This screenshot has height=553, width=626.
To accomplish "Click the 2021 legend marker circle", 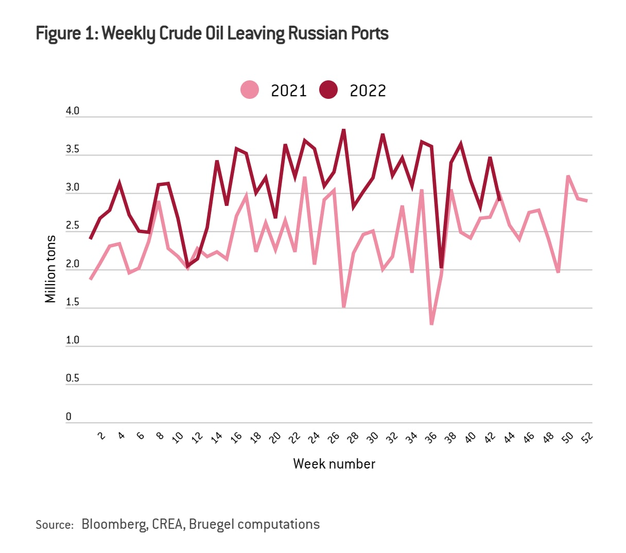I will pos(250,90).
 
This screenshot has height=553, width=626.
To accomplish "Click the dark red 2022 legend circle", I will pos(328,90).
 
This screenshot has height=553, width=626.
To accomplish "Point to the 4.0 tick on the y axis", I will pos(73,111).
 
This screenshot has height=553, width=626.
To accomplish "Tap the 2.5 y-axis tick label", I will pos(73,226).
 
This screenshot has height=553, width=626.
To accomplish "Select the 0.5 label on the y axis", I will pos(73,378).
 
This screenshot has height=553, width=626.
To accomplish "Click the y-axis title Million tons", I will pos(50,269).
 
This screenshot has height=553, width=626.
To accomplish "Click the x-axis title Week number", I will pos(334,464).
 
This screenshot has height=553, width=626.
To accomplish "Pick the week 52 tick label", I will pos(587,437).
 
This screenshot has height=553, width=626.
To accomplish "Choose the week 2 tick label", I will pos(101,436).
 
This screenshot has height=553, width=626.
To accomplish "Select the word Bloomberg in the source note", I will pos(113,524).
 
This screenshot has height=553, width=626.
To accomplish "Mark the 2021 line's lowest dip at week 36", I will pos(431,324).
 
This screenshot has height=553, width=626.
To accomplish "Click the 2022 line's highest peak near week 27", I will pos(343,130).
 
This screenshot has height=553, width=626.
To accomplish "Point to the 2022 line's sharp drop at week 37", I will pos(441,267).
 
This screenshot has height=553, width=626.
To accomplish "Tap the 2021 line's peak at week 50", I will pos(568,176).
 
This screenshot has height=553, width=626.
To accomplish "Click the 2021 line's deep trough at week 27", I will pos(343,307).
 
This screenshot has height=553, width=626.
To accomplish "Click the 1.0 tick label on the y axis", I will pos(73,340).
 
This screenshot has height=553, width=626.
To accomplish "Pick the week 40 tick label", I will pos(470,438).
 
